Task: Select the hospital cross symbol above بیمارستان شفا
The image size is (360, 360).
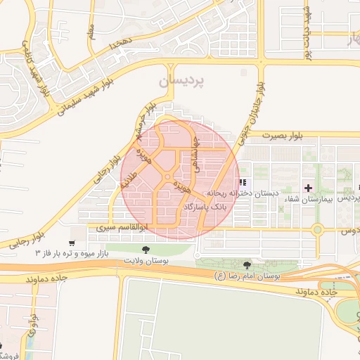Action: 307,187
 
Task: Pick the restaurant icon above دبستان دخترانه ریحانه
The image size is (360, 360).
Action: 243,183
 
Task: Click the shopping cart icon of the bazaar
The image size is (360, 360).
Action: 72,243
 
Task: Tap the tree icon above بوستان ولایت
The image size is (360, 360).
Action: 146,250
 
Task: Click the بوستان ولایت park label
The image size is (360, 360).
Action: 146,261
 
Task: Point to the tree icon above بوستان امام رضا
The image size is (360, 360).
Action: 247,265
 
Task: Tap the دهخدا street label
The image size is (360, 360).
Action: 120,44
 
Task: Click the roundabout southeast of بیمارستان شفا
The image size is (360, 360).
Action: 318,229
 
